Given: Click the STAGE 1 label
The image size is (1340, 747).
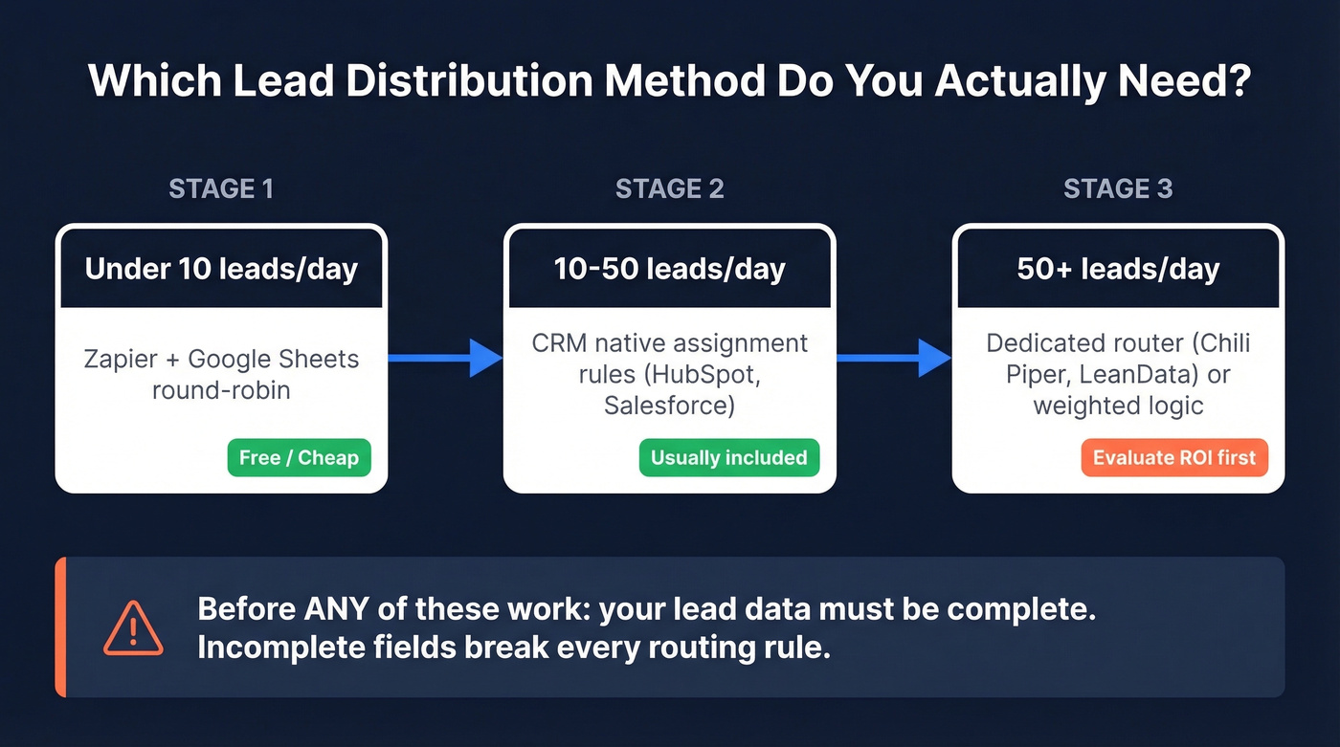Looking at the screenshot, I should tap(221, 188).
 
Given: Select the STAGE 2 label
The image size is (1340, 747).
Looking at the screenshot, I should tap(669, 188).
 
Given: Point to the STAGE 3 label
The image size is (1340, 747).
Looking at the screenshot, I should tap(1118, 188).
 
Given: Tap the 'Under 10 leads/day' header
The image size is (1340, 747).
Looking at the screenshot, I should tap(221, 269).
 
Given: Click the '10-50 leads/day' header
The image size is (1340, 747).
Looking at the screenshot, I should tap(669, 269).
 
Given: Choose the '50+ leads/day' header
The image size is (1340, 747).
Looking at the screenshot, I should tap(1118, 269).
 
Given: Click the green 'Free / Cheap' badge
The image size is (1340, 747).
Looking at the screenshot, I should tap(299, 458).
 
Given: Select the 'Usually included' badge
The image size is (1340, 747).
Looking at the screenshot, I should tap(728, 458).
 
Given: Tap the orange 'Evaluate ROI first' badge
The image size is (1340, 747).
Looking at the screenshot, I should tap(1173, 458).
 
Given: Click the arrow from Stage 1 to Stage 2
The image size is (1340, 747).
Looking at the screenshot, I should tap(445, 359).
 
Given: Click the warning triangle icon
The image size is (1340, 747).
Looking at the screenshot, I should tap(133, 628).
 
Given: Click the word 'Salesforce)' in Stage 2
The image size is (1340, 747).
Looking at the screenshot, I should tap(669, 406).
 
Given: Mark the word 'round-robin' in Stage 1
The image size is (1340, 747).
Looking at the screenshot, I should tap(221, 390).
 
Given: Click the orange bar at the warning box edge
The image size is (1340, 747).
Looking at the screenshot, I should tap(60, 626).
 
